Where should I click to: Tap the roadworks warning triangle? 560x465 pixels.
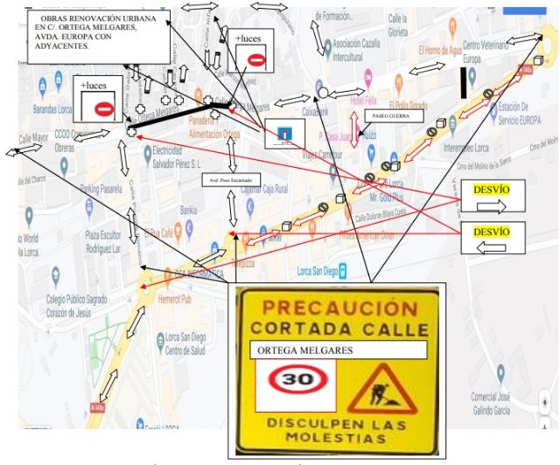[x=381, y=390]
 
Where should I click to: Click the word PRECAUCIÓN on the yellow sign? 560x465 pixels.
[x=336, y=308]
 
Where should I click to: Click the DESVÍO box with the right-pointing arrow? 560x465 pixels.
[x=492, y=198]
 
